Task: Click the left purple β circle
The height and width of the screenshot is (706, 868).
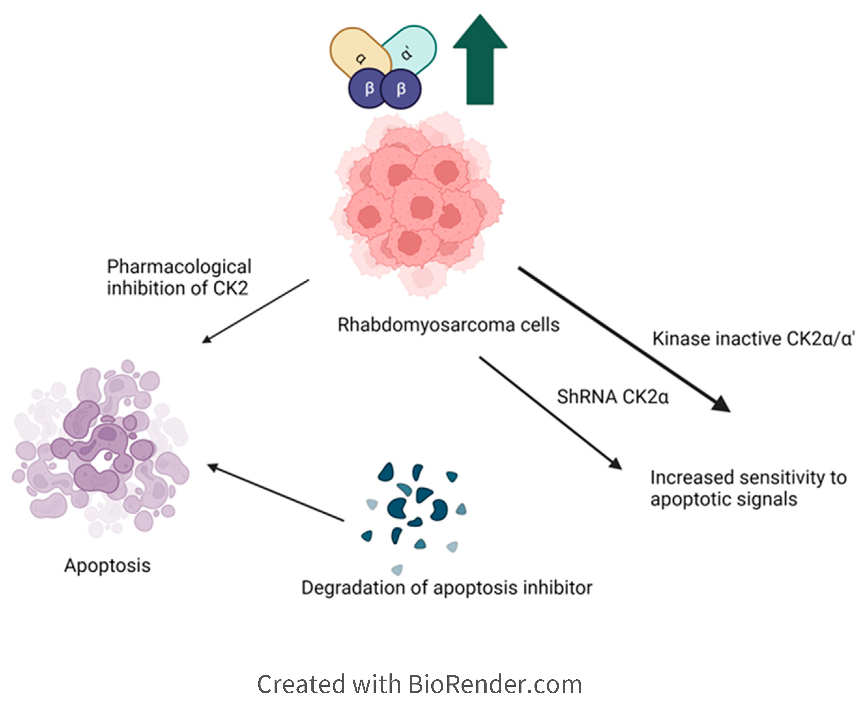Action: pos(368,89)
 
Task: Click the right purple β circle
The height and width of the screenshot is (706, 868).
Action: pos(401,89)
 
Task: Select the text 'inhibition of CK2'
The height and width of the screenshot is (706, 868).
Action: pos(178,289)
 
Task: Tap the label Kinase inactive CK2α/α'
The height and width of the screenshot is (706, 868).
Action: pos(753,339)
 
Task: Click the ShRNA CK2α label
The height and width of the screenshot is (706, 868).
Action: pos(612,397)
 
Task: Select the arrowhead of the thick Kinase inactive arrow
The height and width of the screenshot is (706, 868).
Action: pos(722,404)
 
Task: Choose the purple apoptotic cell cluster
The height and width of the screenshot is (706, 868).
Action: pos(102,447)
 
